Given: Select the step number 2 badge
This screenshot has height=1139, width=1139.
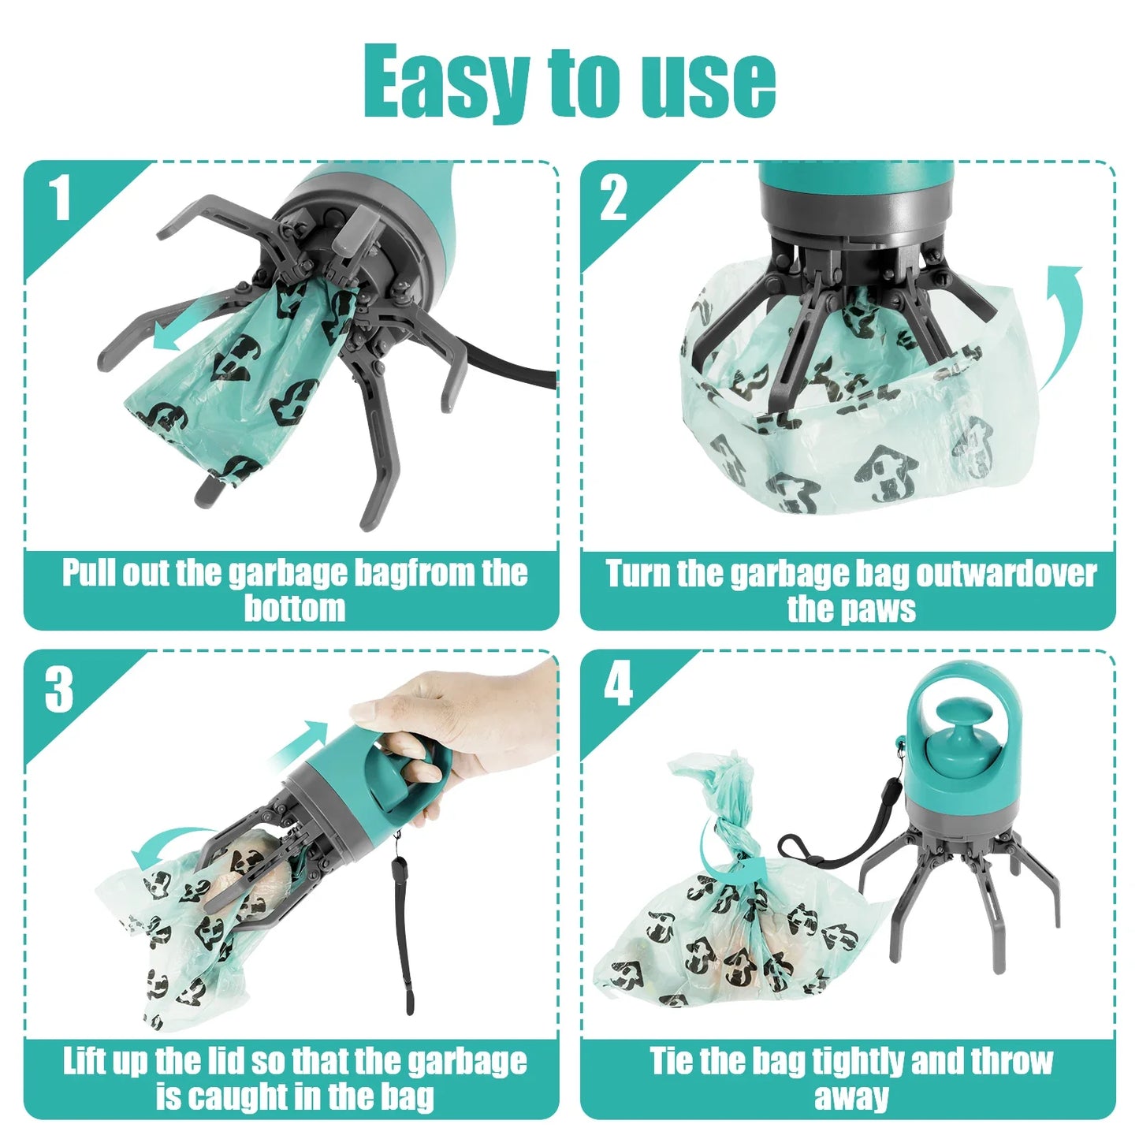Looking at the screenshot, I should (x=613, y=198).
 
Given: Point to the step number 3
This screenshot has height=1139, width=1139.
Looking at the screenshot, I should (x=59, y=690).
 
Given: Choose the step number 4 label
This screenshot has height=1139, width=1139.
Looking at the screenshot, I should (x=618, y=684).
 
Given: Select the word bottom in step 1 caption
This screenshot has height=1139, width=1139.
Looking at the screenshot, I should (x=294, y=609).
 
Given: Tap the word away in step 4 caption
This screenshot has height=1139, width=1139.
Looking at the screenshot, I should (x=851, y=1096).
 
